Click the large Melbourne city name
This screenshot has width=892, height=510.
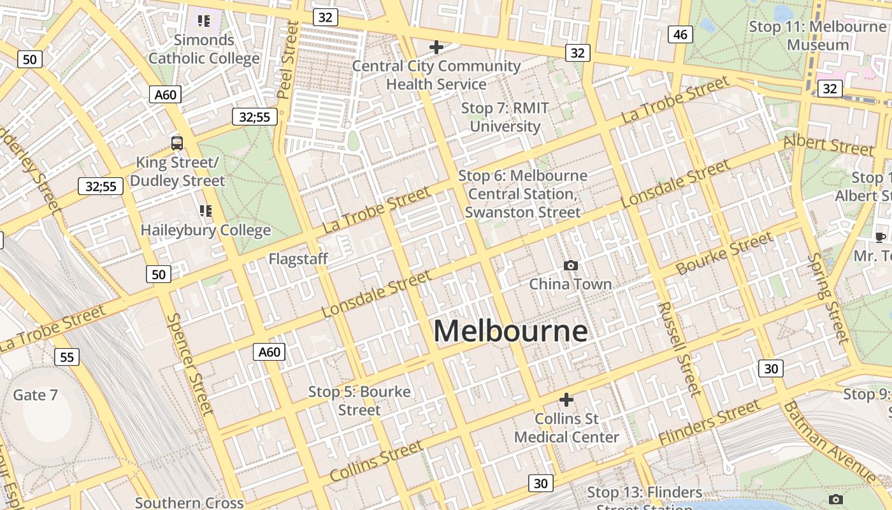click(x=510, y=331)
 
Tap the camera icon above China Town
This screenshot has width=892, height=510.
click(x=571, y=265)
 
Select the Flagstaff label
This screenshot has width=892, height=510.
click(x=298, y=259)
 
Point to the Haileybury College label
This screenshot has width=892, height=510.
click(x=206, y=230)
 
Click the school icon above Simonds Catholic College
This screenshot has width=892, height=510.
click(x=204, y=21)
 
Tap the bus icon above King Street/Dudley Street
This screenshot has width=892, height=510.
click(x=177, y=143)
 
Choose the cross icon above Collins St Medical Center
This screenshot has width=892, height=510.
click(x=566, y=400)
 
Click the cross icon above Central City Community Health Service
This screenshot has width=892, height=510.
click(x=436, y=47)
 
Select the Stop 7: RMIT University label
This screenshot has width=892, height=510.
click(x=505, y=117)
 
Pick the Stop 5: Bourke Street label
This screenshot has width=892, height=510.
click(x=359, y=400)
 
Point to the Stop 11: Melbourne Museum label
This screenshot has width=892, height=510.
click(x=818, y=36)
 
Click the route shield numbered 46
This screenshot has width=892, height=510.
click(x=680, y=34)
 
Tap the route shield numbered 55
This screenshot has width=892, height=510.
click(x=67, y=356)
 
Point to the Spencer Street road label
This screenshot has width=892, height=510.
click(x=189, y=363)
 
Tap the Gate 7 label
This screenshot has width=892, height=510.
click(x=36, y=395)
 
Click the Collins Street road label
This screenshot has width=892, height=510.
click(x=376, y=460)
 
